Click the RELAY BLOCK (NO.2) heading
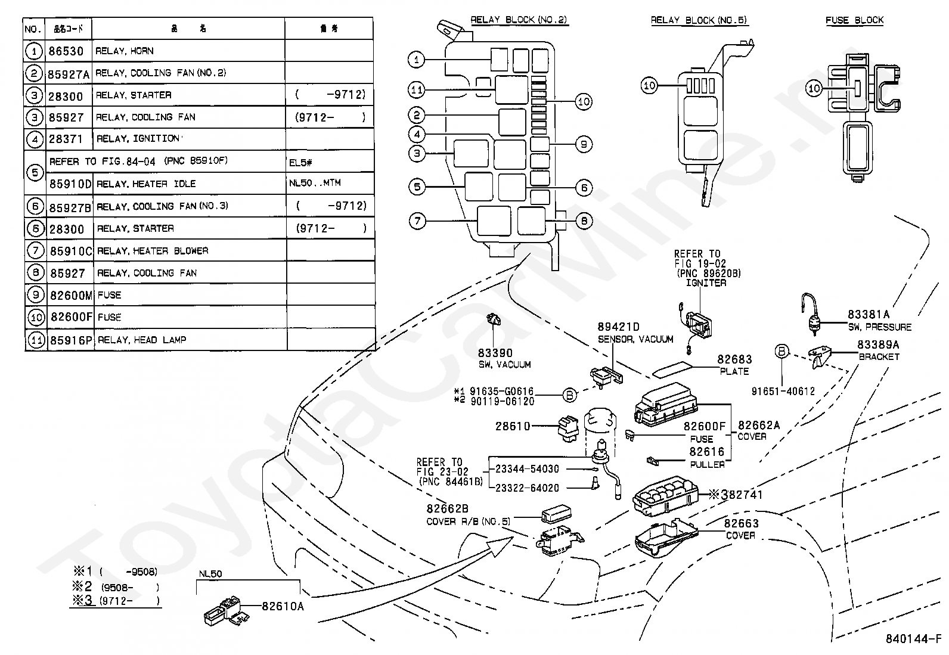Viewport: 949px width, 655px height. point(519,20)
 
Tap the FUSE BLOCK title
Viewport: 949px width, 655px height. point(854,20)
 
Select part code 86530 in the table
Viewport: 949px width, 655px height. point(66,51)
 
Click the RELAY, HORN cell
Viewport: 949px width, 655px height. point(125,51)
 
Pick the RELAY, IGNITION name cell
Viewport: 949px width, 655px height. point(137,139)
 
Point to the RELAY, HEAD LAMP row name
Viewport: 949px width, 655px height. point(142,340)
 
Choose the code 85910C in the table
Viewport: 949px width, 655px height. point(70,251)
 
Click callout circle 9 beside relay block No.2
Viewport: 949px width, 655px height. point(584,144)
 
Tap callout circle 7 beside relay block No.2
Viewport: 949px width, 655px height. point(417,221)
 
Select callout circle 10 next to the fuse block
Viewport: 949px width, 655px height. point(814,89)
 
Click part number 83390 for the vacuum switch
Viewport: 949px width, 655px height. point(495,353)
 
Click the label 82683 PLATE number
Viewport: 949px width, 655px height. point(734,359)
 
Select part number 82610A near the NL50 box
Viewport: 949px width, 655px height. point(283,606)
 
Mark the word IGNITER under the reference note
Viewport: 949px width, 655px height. point(706,283)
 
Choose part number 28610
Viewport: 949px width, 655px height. point(513,426)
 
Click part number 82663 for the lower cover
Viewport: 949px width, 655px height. point(742,523)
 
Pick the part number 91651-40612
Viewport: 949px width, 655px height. point(783,392)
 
